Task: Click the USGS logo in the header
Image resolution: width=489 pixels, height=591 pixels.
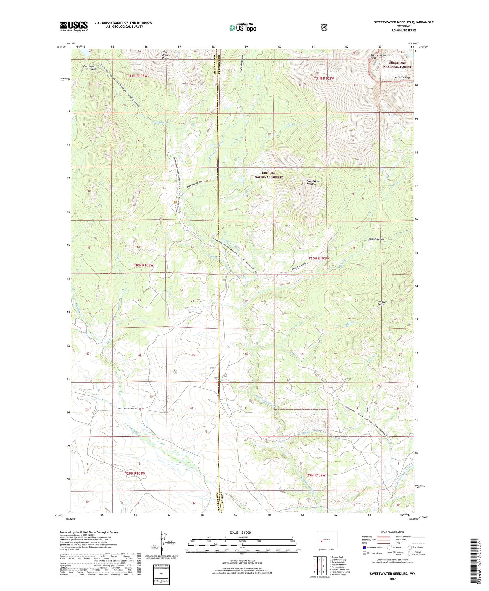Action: point(74,26)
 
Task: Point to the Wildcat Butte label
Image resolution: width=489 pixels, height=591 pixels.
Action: point(382,303)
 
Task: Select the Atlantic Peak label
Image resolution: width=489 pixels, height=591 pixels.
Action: point(403,78)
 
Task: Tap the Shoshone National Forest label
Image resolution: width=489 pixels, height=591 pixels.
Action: point(397,64)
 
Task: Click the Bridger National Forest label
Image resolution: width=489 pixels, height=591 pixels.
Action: point(268,175)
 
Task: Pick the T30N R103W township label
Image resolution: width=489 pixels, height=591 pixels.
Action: point(143,265)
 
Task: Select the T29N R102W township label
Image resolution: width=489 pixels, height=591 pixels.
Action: point(315,475)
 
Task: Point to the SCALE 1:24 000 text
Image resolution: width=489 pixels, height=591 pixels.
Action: point(240,532)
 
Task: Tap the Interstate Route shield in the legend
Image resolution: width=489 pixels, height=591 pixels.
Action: point(364,547)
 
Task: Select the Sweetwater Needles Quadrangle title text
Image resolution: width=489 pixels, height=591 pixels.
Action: point(404,22)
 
